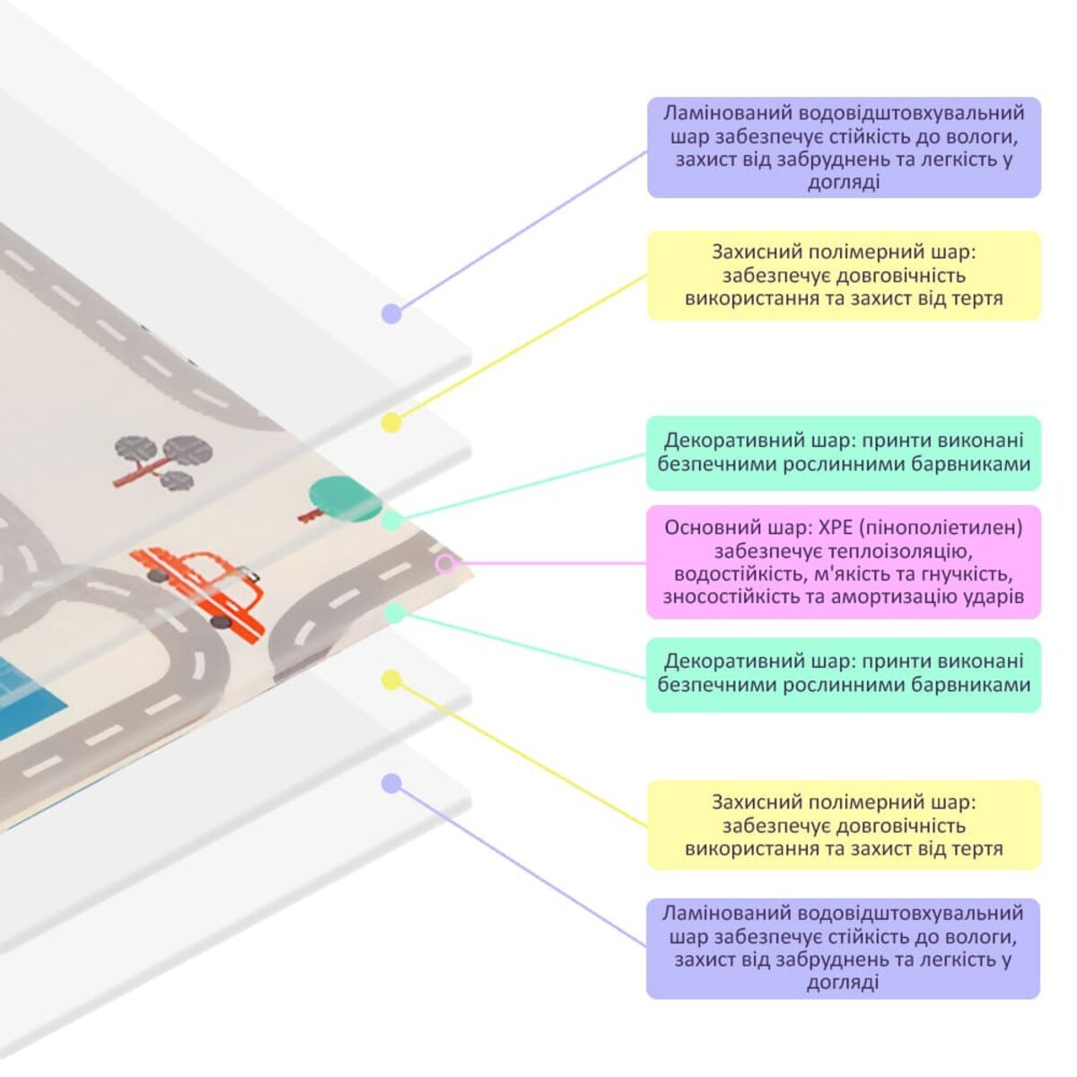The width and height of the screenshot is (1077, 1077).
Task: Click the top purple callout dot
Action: point(390,313)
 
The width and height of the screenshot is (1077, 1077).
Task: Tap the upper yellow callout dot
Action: point(390,422)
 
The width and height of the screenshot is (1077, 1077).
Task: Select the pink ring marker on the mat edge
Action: point(445,564)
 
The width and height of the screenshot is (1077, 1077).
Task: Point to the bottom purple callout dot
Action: point(390,784)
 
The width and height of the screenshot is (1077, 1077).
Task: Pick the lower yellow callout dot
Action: point(390,679)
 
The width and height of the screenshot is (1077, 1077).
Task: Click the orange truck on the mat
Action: point(206,586)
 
